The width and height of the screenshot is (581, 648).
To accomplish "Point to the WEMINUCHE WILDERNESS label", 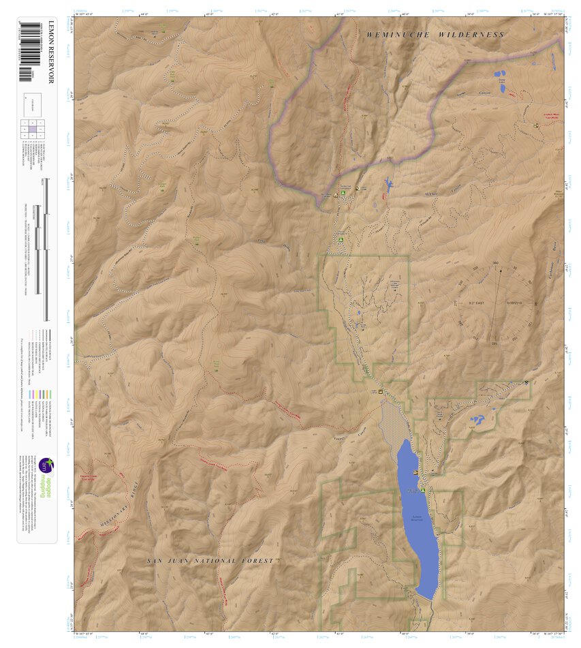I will [x=435, y=35].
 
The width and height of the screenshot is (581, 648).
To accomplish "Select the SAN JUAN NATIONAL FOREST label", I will [x=210, y=561].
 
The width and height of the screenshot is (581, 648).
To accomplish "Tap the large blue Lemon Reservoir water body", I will [x=417, y=518].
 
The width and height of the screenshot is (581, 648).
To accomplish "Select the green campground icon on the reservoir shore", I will [x=423, y=489].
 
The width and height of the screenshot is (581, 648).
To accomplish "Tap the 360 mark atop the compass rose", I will [x=495, y=263].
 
